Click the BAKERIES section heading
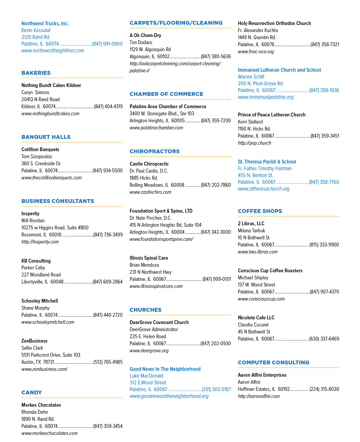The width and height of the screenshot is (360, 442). [x=36, y=73]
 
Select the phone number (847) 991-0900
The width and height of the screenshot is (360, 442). [x=107, y=44]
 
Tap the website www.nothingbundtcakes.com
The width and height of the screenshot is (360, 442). [x=50, y=114]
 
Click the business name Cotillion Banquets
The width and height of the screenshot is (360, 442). [x=40, y=149]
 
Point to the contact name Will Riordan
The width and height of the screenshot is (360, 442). [x=33, y=221]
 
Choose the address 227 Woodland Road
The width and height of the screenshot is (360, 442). [x=41, y=275]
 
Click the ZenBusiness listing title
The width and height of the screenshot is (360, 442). [x=34, y=341]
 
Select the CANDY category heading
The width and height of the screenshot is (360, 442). [x=31, y=393]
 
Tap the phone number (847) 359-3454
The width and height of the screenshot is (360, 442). [x=108, y=426]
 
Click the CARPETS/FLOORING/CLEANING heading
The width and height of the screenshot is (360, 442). [x=176, y=23]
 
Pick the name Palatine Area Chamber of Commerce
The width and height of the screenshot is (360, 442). [x=168, y=106]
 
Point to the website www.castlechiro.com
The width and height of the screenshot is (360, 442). [x=150, y=192]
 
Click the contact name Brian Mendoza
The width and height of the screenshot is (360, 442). [x=144, y=265]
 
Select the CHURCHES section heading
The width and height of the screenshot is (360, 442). [x=146, y=310]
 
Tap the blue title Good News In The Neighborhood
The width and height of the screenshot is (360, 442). [x=165, y=369]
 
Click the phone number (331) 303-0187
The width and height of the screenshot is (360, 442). [x=216, y=389]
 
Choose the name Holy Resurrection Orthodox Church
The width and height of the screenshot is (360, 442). [x=274, y=23]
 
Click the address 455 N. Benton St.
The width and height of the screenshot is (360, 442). [x=255, y=175]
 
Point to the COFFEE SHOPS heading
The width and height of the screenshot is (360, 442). [x=260, y=211]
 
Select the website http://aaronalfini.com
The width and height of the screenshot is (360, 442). [x=259, y=396]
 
